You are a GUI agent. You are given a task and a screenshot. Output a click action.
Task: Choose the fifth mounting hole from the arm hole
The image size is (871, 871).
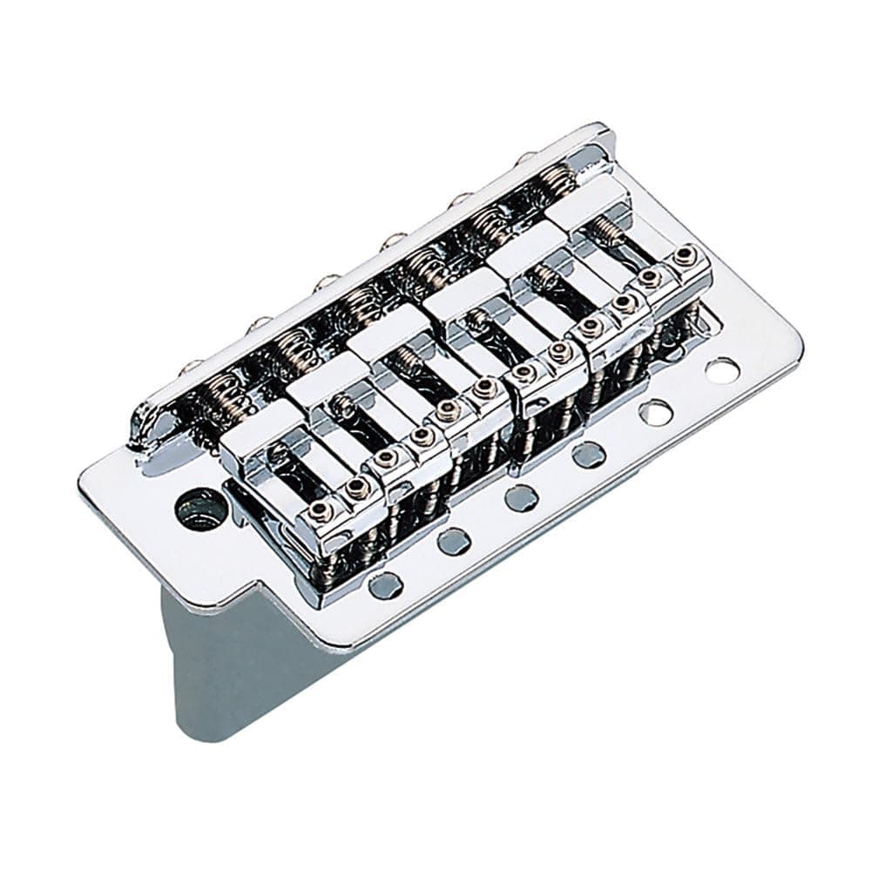pos(655,411)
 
